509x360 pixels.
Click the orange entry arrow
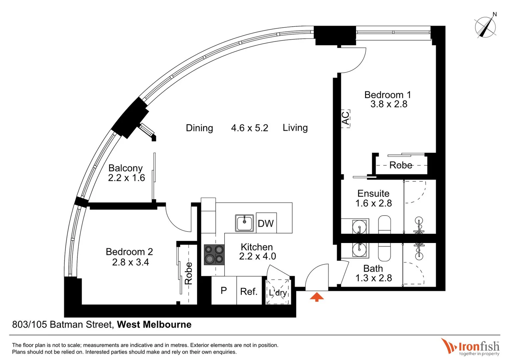tap(317, 297)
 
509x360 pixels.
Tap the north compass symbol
tap(485, 27)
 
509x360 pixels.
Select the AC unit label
tap(346, 118)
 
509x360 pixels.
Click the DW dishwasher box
tap(266, 223)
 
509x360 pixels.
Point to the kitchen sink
tap(245, 223)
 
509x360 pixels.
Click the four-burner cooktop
tap(214, 255)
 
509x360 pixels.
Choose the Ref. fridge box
tap(249, 291)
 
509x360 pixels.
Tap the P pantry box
tap(224, 291)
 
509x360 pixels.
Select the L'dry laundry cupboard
tap(278, 292)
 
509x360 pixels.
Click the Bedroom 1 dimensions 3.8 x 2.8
tap(389, 104)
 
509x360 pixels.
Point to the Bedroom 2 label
tap(129, 252)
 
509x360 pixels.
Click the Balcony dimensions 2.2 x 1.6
tap(126, 178)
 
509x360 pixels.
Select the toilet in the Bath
tap(384, 252)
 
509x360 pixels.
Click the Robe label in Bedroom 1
tap(401, 165)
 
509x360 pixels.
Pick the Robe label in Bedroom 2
tap(189, 273)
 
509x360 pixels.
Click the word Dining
tap(199, 128)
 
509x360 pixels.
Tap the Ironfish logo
tap(470, 347)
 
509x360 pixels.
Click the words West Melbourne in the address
tap(154, 325)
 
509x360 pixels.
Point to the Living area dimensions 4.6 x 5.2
tap(250, 128)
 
